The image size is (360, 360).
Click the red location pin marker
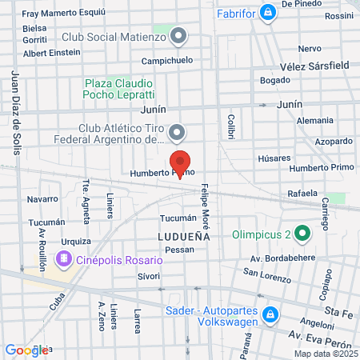pyautogui.click(x=181, y=163)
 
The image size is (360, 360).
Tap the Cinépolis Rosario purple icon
pyautogui.click(x=63, y=259)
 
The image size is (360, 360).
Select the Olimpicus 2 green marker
pyautogui.click(x=302, y=234)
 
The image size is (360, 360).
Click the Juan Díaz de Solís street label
pyautogui.click(x=16, y=113)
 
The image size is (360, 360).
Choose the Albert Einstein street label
pyautogui.click(x=52, y=53)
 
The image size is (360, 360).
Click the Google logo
pyautogui.click(x=26, y=350)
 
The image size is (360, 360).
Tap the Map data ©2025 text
pyautogui.click(x=324, y=354)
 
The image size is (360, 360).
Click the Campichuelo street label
pyautogui.click(x=167, y=61)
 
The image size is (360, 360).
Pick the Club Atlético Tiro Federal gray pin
pyautogui.click(x=178, y=132)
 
